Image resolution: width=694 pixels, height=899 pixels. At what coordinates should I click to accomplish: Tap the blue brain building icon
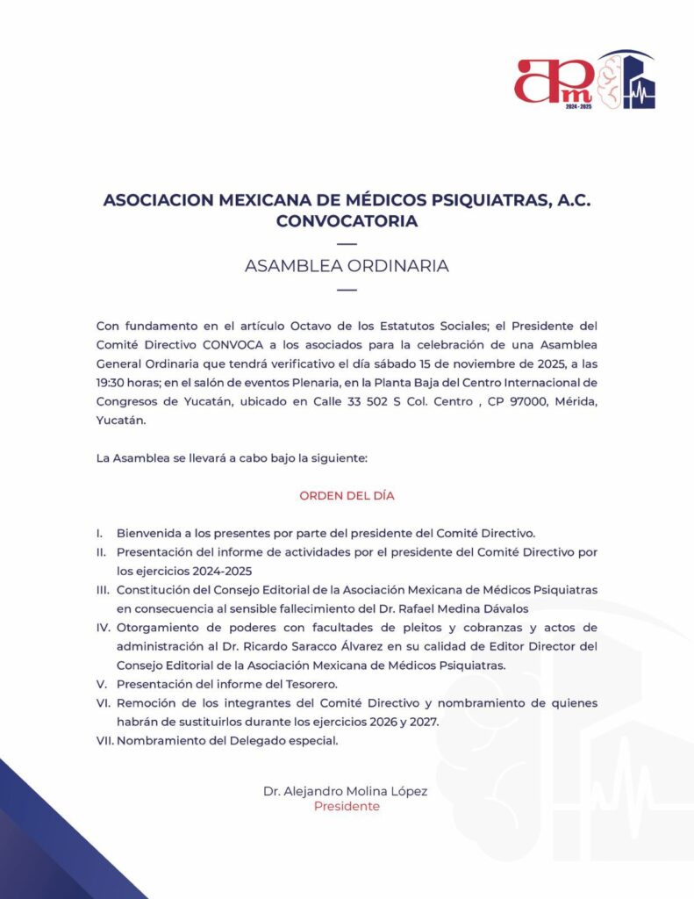[626, 80]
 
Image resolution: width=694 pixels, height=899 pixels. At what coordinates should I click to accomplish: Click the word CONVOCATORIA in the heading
[347, 221]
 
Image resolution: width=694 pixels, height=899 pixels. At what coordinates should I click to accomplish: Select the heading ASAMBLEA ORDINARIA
[347, 266]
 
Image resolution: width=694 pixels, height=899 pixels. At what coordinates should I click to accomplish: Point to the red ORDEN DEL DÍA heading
[347, 495]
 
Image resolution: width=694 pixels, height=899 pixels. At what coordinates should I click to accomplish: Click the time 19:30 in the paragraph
[111, 380]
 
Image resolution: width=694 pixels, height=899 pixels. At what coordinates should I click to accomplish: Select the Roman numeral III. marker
[104, 589]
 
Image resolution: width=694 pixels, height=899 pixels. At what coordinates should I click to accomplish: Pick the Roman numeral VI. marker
[104, 702]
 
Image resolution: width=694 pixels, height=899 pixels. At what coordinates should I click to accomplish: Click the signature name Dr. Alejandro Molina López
[346, 791]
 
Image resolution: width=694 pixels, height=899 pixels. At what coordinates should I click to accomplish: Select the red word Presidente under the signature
[347, 806]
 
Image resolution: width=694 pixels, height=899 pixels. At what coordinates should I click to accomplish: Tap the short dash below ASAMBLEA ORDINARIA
[347, 290]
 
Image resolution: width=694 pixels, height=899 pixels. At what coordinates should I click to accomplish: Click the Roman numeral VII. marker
[104, 740]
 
